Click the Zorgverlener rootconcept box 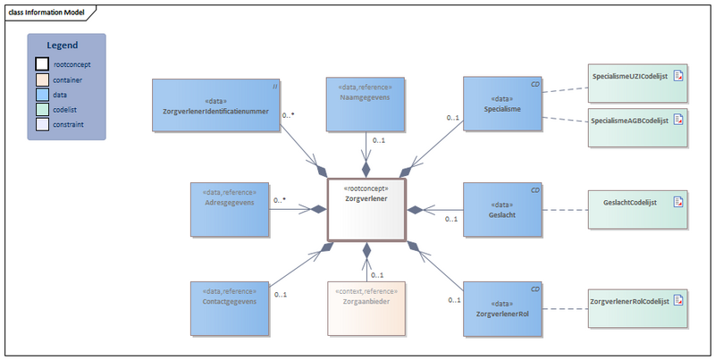click(366, 209)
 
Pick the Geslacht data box click(503, 209)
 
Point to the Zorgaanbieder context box click(366, 308)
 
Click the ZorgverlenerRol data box click(503, 308)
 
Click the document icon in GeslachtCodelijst click(678, 203)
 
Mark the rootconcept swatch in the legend click(42, 64)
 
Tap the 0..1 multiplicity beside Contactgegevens click(280, 294)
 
